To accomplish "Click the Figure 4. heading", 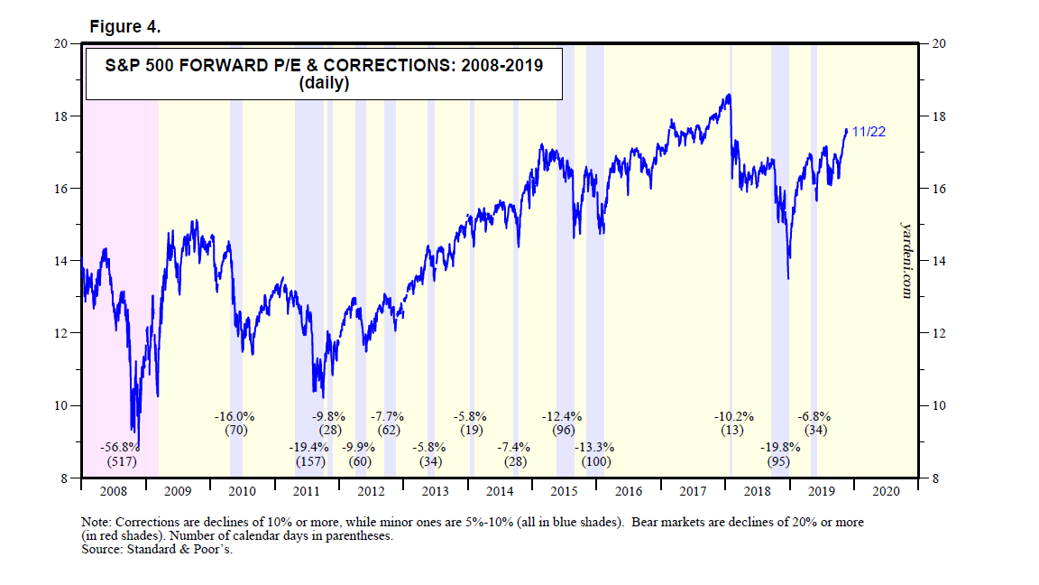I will (125, 27).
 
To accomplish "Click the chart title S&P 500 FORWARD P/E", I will (323, 66).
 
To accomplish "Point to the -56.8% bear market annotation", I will (120, 446).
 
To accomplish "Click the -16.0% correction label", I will (235, 417).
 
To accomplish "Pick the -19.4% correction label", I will (309, 446).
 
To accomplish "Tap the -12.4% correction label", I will (563, 417).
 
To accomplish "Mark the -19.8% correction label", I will (779, 446).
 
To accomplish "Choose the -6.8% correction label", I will (814, 417).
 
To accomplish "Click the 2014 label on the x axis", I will (500, 491).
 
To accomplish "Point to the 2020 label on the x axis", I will (886, 491).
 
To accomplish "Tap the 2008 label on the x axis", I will (113, 491).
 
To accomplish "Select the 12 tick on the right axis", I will (935, 333).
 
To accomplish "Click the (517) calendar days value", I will (120, 461).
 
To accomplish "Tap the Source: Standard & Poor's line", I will (157, 550).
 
